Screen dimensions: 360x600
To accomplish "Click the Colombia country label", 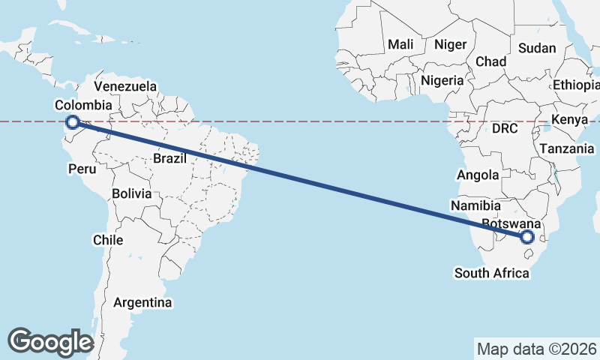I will [x=83, y=106].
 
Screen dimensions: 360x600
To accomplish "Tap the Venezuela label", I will [x=125, y=86].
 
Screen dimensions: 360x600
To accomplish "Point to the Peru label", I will [x=82, y=169].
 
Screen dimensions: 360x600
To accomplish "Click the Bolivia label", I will [x=132, y=193].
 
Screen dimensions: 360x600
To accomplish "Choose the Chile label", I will [x=108, y=240].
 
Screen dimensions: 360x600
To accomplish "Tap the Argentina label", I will [x=142, y=303].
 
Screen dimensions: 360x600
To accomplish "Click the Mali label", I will [x=400, y=45].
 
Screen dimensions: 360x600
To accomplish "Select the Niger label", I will [x=450, y=45].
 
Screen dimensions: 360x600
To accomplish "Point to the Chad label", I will [x=490, y=61].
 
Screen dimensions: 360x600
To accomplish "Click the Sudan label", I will [x=537, y=48].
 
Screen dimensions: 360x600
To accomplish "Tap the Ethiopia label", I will [x=577, y=85].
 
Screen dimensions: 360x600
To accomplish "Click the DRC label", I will [x=505, y=129].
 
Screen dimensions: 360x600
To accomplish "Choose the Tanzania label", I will [x=567, y=149].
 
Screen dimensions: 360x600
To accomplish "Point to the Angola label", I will [x=478, y=175].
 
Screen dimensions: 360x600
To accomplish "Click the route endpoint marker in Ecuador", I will [x=73, y=122].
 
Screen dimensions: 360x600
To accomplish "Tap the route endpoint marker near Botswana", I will [x=526, y=237].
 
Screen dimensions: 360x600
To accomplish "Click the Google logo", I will [x=50, y=341].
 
